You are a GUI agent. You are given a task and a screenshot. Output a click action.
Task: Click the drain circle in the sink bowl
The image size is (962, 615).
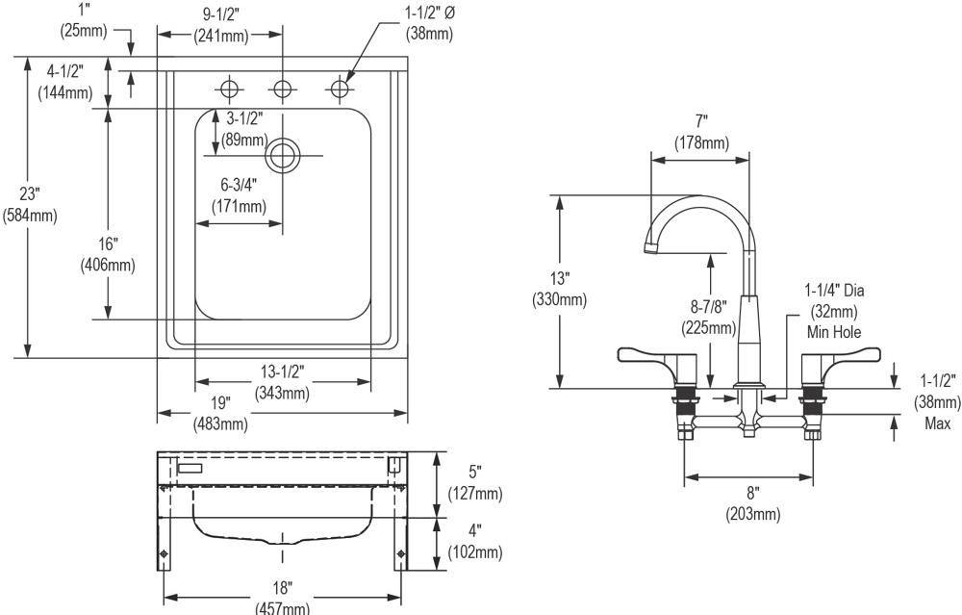283,155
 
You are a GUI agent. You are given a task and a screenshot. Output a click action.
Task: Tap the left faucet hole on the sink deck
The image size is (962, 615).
229,90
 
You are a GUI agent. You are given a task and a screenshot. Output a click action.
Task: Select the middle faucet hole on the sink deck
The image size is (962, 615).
282,90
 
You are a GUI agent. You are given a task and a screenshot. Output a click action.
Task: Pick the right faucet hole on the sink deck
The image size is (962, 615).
338,90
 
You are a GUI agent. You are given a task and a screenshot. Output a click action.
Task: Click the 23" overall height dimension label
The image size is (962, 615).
30,204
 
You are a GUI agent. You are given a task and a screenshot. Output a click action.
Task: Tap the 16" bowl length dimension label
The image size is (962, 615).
107,254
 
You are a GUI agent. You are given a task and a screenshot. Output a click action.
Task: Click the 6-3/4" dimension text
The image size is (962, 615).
240,195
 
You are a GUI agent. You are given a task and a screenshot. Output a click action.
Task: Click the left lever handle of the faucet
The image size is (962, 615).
651,358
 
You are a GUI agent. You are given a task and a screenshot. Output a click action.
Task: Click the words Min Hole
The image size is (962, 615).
833,331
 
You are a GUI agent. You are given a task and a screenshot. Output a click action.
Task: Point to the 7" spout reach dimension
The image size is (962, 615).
700,132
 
